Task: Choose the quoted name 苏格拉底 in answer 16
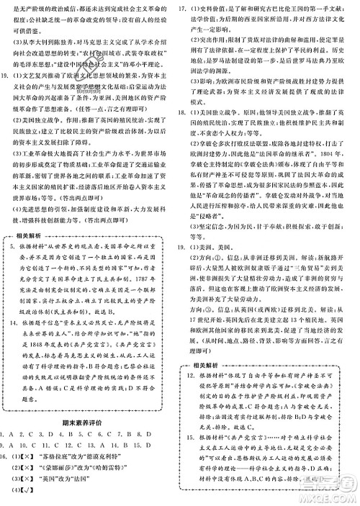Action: pos(56,447)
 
